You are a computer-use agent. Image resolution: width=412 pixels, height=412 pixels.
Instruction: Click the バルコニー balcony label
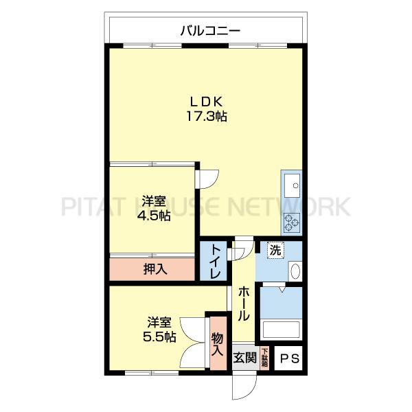(x=205, y=31)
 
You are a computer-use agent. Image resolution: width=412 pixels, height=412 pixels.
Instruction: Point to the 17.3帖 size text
(x=205, y=117)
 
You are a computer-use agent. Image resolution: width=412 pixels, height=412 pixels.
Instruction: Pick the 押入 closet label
(x=155, y=268)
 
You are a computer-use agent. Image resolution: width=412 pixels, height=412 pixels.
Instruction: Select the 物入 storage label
(x=218, y=344)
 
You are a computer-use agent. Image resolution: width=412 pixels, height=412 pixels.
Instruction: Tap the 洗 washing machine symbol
(x=275, y=251)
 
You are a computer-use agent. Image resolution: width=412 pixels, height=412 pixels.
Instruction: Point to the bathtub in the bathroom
(x=282, y=330)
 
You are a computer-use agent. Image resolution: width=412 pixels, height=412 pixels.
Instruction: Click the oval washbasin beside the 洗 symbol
(x=295, y=271)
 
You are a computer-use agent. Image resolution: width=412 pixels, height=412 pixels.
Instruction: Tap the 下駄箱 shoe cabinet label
(x=264, y=358)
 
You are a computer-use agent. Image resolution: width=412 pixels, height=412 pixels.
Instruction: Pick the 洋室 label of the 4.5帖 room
(x=154, y=202)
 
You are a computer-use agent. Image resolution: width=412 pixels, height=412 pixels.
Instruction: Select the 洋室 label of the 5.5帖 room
(x=159, y=322)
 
